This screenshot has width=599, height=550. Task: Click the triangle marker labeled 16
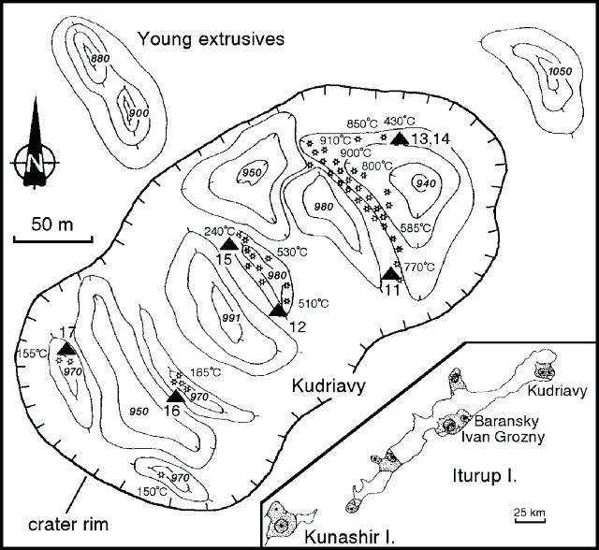coord(175,394)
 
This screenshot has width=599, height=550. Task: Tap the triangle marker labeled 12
coord(277,311)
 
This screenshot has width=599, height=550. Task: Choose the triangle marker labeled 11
coord(391,273)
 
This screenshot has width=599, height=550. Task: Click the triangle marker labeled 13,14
coord(400,139)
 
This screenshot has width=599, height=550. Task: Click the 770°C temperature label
coord(419,267)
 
